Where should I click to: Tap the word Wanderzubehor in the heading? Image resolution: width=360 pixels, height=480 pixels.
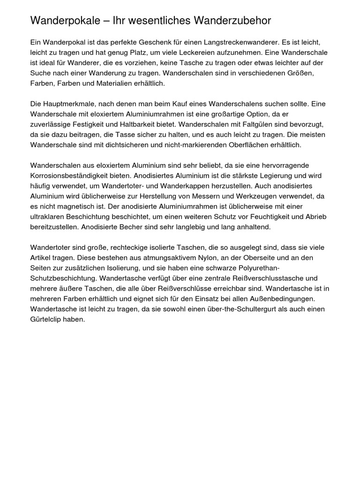pos(231,21)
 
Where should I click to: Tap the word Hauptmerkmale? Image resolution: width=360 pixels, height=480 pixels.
pos(68,104)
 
